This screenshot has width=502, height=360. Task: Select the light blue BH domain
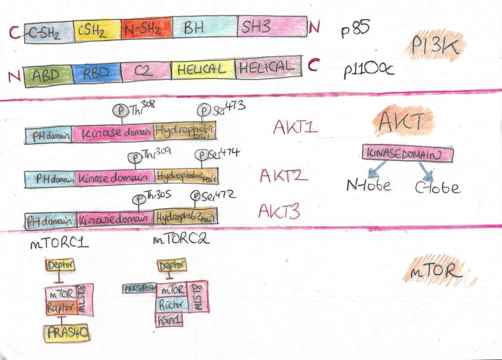click(x=204, y=28)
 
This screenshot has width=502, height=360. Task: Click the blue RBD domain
click(x=96, y=74)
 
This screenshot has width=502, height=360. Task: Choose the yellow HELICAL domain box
click(x=202, y=70)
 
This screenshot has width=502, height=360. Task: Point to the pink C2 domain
click(x=146, y=72)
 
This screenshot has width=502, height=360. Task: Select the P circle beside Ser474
click(x=201, y=155)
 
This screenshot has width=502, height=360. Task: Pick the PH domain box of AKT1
click(x=49, y=136)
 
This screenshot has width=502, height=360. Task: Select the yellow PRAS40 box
click(x=68, y=333)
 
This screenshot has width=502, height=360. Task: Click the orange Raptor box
click(x=59, y=308)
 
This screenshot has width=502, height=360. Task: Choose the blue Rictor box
click(x=171, y=305)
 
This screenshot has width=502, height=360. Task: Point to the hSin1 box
click(x=169, y=320)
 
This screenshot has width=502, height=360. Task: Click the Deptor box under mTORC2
click(x=172, y=265)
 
